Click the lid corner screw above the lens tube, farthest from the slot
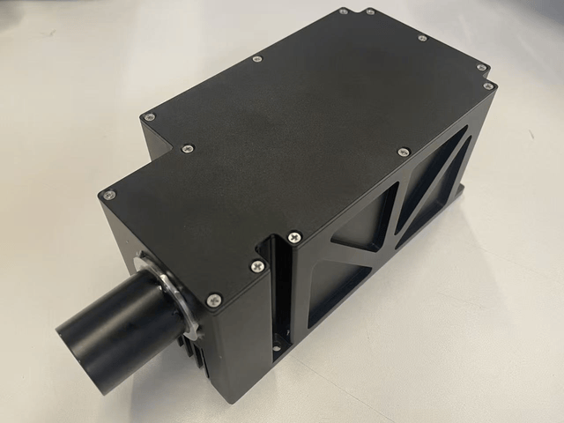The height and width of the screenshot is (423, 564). pyautogui.click(x=108, y=196)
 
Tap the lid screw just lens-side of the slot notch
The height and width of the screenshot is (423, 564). pyautogui.click(x=256, y=265)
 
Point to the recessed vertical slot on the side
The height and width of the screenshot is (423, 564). pyautogui.click(x=278, y=291)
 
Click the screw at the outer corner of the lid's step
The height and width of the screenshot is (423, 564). pyautogui.click(x=149, y=115)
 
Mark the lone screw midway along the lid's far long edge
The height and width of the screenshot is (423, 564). pyautogui.click(x=257, y=59)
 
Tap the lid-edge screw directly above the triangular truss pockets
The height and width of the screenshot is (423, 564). pyautogui.click(x=404, y=152)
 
